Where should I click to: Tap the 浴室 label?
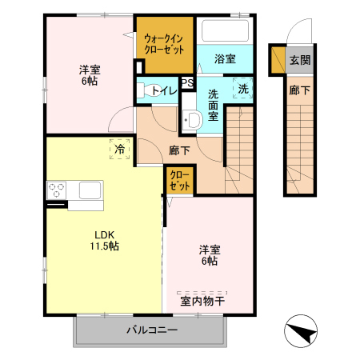click(225, 58)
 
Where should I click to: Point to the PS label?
click(187, 82)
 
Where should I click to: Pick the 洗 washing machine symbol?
click(242, 88)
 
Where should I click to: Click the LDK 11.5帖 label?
click(106, 240)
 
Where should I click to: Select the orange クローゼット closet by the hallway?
click(180, 180)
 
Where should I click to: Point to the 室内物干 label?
click(202, 302)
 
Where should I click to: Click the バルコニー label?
click(150, 330)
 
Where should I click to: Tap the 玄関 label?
click(299, 60)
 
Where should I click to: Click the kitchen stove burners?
click(57, 190)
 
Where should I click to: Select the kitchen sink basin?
click(88, 190)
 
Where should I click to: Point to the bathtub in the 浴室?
click(225, 32)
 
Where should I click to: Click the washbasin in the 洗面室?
click(191, 121)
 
